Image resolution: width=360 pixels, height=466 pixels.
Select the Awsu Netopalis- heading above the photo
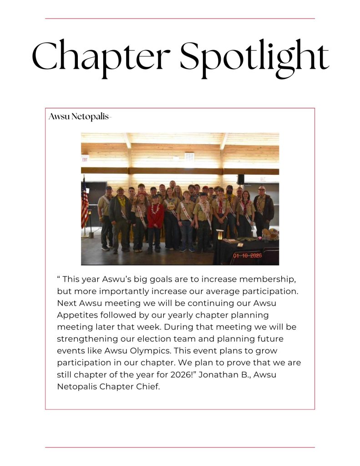point(80,117)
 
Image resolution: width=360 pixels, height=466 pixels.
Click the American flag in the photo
point(85,203)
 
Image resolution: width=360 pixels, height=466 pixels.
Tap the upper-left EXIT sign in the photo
point(85,159)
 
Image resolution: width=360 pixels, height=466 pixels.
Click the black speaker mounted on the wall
point(241,179)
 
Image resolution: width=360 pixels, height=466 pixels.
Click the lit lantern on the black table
point(220,235)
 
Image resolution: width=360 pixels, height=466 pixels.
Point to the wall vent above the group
point(189,157)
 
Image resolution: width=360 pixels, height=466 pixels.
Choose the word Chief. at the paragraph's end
point(147,387)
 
